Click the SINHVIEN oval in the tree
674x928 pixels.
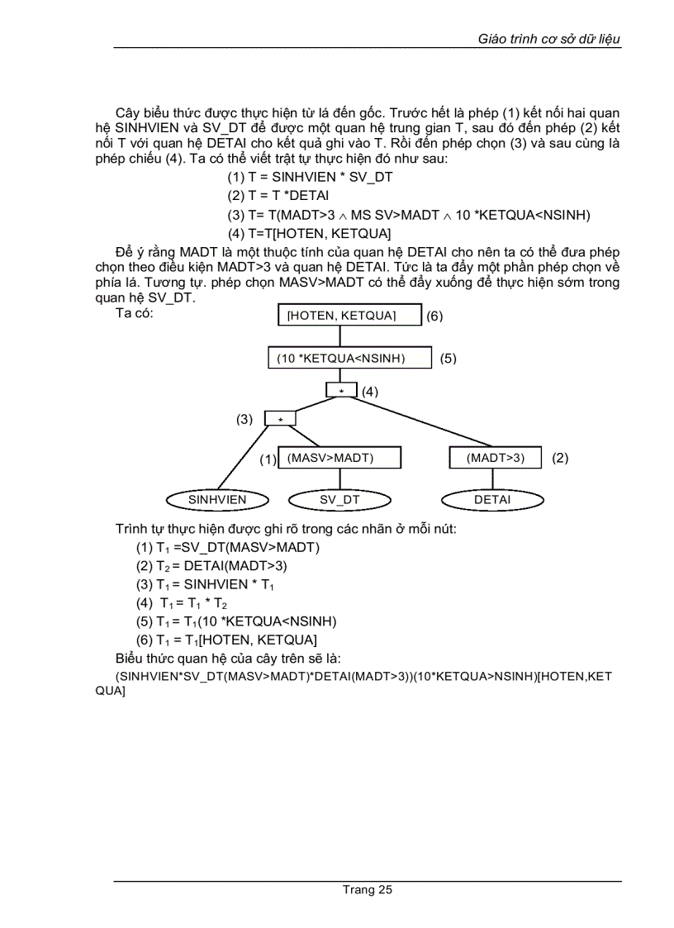click(x=217, y=500)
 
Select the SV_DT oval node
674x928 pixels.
click(x=339, y=500)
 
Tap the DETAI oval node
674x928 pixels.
click(x=492, y=500)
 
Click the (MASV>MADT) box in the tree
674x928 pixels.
click(x=339, y=458)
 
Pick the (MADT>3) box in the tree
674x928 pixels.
click(x=495, y=458)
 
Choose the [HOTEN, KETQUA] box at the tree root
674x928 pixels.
click(x=339, y=316)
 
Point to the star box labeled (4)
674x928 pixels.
click(x=341, y=391)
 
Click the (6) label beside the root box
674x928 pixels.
click(x=435, y=316)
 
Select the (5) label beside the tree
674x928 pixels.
click(x=448, y=359)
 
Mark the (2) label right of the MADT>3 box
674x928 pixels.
click(x=560, y=458)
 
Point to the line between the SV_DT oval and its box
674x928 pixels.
click(x=339, y=480)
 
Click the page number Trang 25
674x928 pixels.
click(x=368, y=889)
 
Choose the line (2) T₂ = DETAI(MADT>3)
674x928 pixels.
click(x=211, y=566)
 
